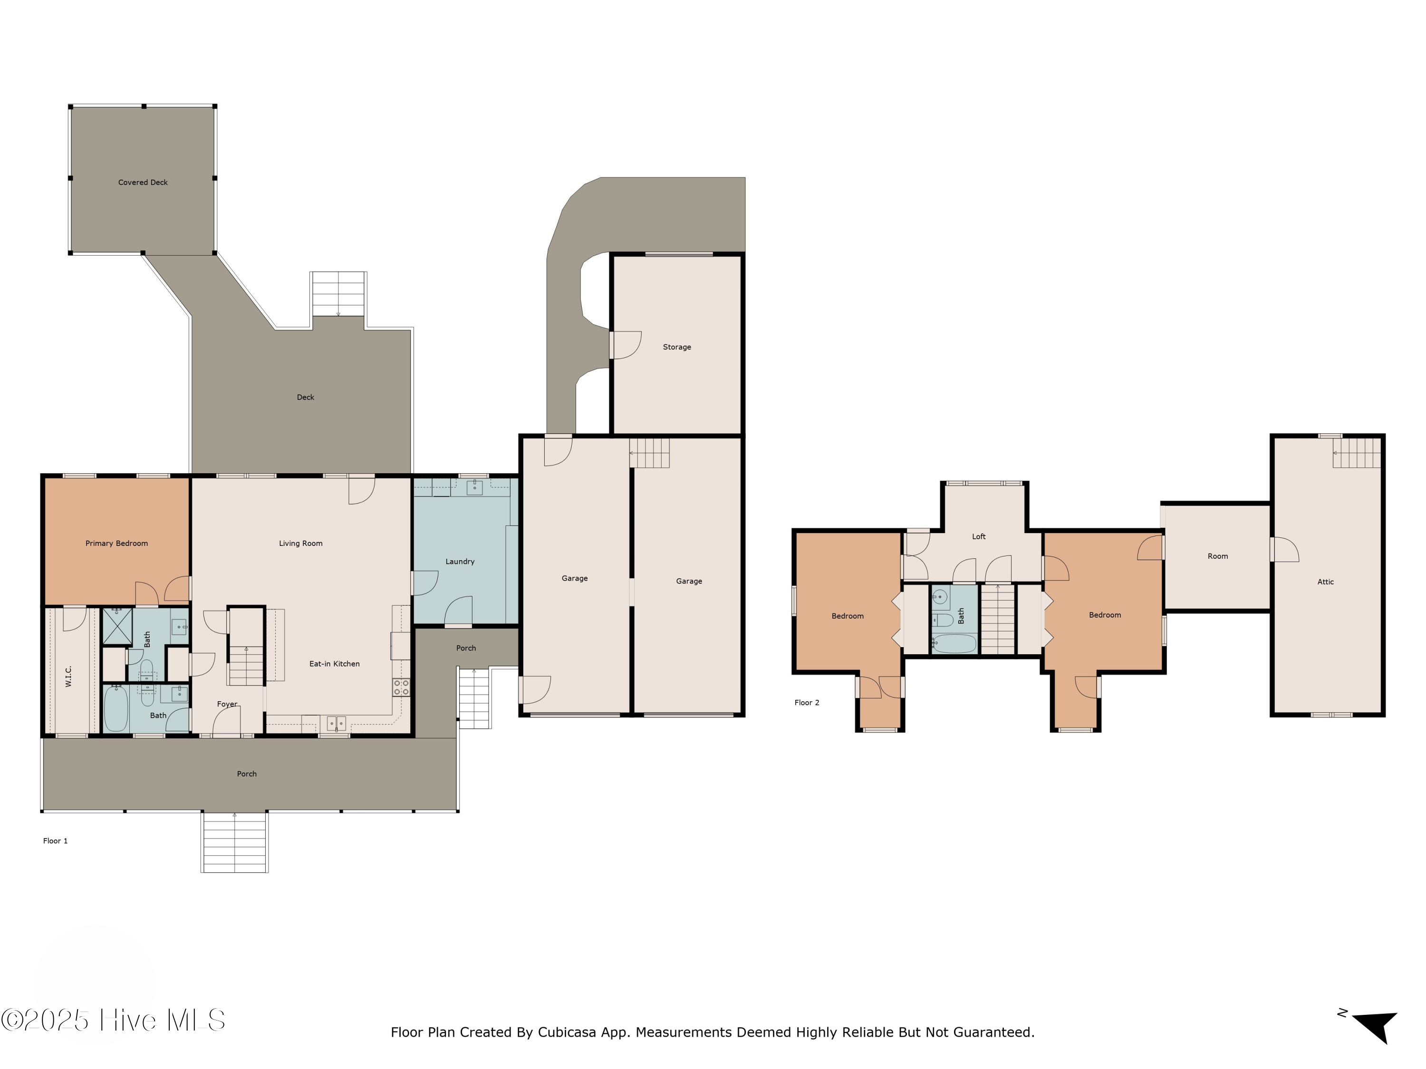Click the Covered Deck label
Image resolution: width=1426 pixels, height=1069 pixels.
pyautogui.click(x=143, y=182)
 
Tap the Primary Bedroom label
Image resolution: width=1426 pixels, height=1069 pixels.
pyautogui.click(x=116, y=543)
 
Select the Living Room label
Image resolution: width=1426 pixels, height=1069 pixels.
pyautogui.click(x=300, y=543)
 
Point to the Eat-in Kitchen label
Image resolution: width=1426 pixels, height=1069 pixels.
pyautogui.click(x=334, y=664)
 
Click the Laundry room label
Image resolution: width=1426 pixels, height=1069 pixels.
pyautogui.click(x=460, y=561)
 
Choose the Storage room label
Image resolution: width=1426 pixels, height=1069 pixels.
pyautogui.click(x=677, y=347)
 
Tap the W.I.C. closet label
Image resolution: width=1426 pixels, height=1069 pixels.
pyautogui.click(x=69, y=676)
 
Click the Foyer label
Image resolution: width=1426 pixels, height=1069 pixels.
pyautogui.click(x=227, y=704)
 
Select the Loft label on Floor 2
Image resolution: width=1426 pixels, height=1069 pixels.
pyautogui.click(x=979, y=536)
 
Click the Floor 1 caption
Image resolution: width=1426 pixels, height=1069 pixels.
pyautogui.click(x=56, y=840)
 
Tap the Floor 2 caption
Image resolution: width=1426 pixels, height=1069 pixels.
pyautogui.click(x=807, y=702)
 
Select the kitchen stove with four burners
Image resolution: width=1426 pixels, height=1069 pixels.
pyautogui.click(x=401, y=687)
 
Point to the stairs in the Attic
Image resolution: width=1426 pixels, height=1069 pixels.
pyautogui.click(x=1357, y=452)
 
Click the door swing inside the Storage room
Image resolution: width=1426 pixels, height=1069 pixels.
pyautogui.click(x=626, y=345)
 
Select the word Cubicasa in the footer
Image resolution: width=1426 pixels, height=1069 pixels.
pyautogui.click(x=567, y=1032)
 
